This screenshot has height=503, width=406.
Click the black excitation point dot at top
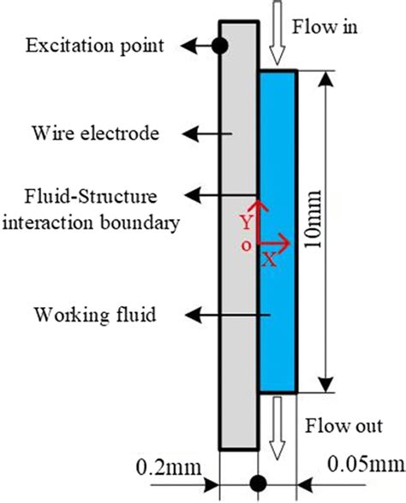tap(221, 45)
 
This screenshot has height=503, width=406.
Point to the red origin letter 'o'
tap(247, 245)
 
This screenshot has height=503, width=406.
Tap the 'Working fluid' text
tap(94, 316)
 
